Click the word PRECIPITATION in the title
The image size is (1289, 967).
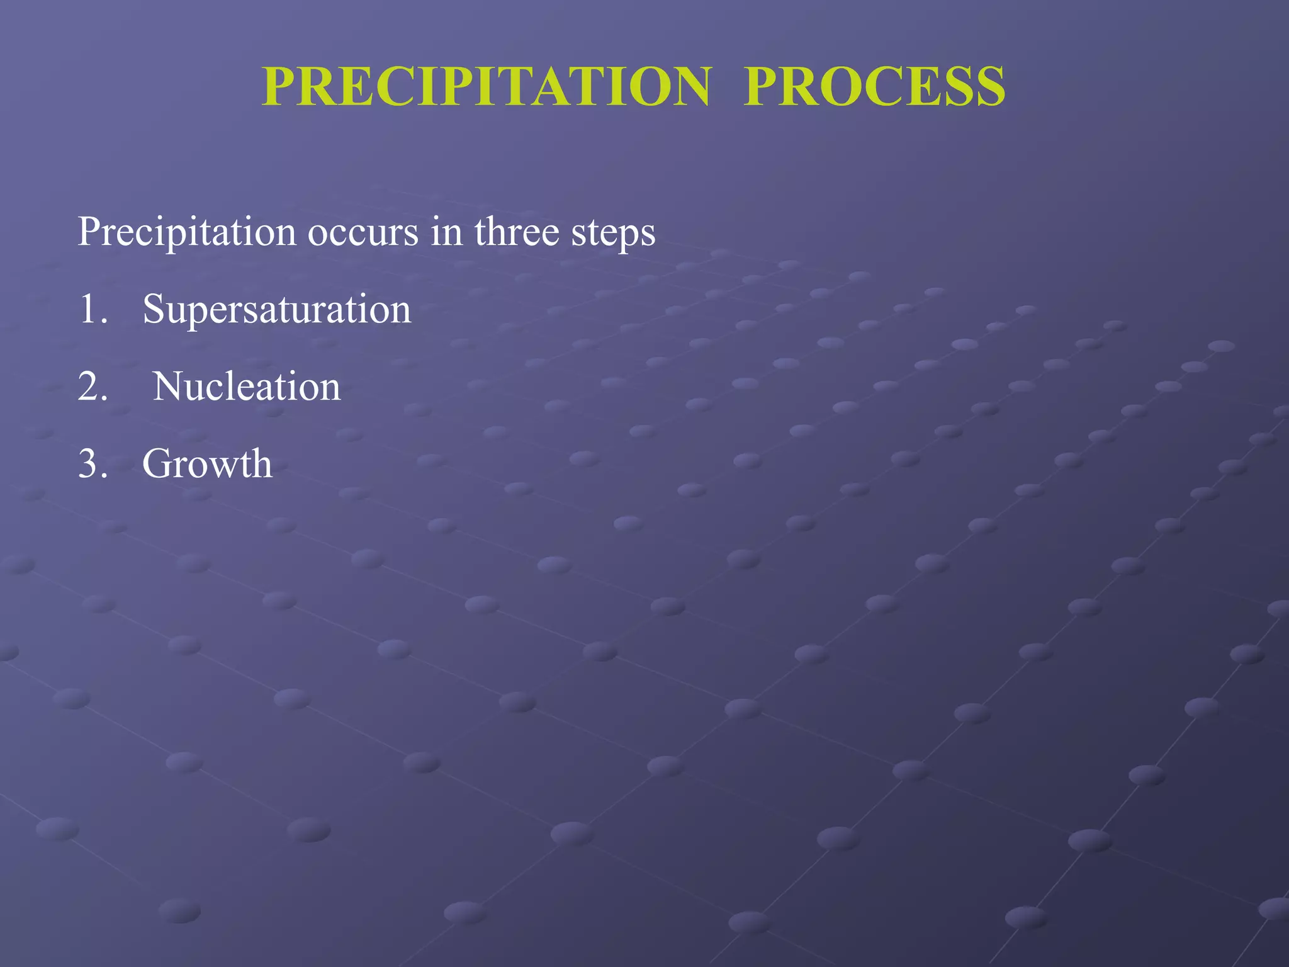487,87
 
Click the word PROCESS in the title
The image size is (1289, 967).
874,87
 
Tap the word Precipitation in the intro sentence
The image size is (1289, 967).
187,232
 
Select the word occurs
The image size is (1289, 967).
363,232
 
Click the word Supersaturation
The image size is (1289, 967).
277,310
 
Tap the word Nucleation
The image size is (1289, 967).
247,386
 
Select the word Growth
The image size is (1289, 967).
207,465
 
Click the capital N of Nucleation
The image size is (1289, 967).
167,386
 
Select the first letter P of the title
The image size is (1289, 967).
281,87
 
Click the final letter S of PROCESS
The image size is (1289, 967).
989,87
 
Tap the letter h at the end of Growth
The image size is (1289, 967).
261,463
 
